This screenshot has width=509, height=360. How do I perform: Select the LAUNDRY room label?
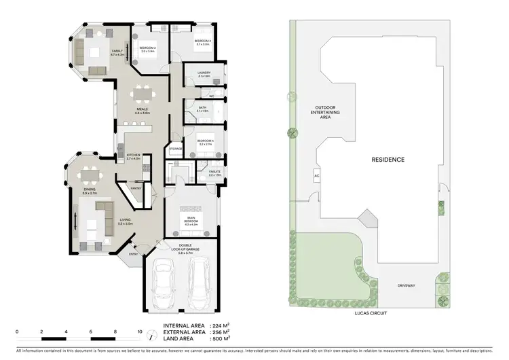click(x=204, y=73)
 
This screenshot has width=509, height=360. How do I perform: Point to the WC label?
click(x=212, y=97)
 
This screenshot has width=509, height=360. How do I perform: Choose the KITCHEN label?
click(x=133, y=156)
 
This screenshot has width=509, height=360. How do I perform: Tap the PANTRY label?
click(x=136, y=189)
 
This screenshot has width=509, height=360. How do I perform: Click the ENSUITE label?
click(x=206, y=173)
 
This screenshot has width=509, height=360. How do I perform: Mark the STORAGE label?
click(x=175, y=148)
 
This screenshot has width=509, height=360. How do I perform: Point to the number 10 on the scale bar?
click(x=140, y=331)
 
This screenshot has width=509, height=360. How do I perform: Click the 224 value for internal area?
click(x=216, y=325)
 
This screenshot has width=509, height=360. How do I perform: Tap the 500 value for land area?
click(x=216, y=338)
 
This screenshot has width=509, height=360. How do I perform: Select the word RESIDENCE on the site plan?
click(x=388, y=160)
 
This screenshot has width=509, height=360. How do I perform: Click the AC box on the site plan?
click(x=316, y=176)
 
